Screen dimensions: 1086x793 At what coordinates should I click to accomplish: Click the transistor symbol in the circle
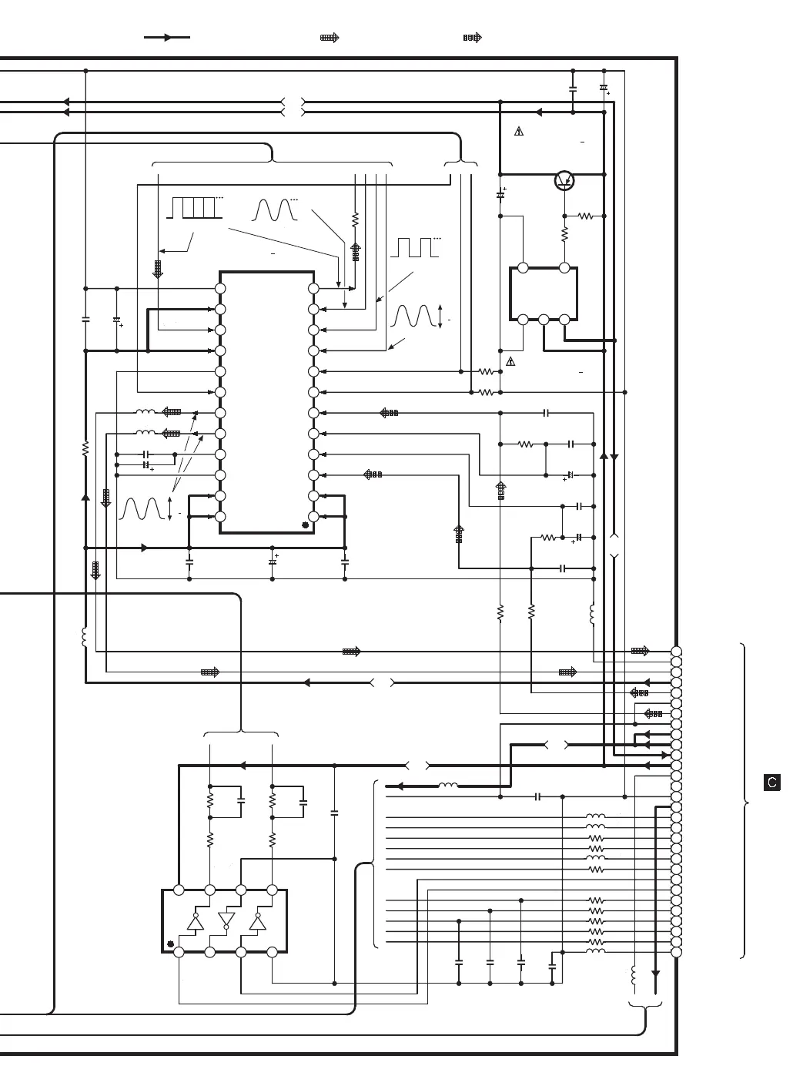(x=565, y=181)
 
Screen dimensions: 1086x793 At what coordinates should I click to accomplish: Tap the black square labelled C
(x=772, y=783)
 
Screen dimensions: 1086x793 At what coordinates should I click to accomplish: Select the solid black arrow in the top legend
(x=167, y=37)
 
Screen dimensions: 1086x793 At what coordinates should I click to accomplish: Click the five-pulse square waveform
(x=193, y=208)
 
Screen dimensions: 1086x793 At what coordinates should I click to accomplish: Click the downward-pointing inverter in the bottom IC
(x=226, y=920)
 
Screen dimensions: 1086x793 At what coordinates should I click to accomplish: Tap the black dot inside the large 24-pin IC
(x=305, y=525)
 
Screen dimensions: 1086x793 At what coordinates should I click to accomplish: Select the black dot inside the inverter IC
(x=170, y=944)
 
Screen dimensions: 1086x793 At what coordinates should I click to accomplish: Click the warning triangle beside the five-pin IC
(x=510, y=361)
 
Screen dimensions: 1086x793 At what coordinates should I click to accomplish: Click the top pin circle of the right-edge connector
(x=676, y=652)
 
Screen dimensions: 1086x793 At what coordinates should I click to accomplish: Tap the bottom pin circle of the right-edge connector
(x=676, y=952)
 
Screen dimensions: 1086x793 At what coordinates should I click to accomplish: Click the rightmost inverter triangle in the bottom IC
(x=256, y=922)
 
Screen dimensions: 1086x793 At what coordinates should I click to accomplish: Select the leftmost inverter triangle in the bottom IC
(x=195, y=922)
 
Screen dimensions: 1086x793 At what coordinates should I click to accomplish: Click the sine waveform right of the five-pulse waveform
(x=275, y=209)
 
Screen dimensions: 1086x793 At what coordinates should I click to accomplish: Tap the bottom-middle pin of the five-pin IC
(x=544, y=319)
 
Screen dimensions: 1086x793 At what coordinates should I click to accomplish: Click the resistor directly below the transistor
(x=564, y=233)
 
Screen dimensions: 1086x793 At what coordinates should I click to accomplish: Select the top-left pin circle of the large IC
(x=220, y=288)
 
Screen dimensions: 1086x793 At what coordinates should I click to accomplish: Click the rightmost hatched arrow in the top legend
(x=472, y=37)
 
